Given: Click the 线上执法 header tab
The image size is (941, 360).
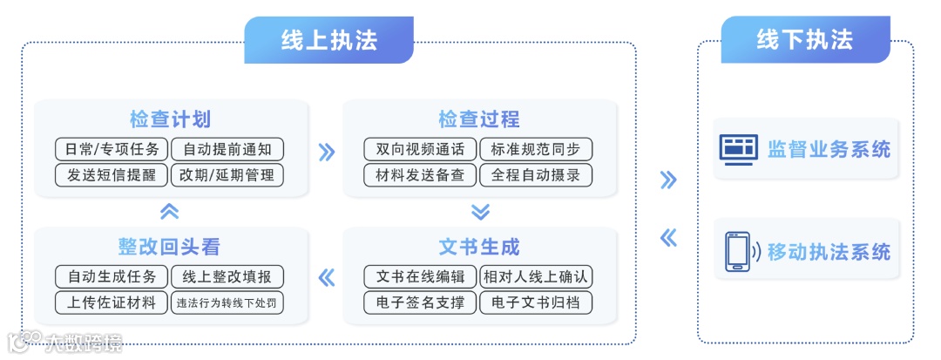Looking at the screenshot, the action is pos(328,40).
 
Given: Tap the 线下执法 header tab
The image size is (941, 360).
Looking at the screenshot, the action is pos(805,40).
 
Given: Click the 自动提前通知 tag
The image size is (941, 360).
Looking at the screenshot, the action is pos(227,149).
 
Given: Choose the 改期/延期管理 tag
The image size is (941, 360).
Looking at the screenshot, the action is pos(227,174).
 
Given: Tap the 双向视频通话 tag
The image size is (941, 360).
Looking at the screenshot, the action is pos(420,149).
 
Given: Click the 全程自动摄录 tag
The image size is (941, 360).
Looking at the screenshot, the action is pos(536,174).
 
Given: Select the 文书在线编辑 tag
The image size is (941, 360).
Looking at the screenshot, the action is pos(420,277).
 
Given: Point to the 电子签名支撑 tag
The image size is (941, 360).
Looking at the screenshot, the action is pos(420,302).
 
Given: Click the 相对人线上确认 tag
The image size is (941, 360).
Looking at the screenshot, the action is pos(536,277).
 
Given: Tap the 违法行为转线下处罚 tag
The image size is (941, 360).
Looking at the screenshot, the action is pos(227,302).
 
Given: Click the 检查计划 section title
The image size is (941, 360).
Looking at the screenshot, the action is pos(170,119).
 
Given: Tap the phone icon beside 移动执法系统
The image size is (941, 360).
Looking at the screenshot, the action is pos(737,251).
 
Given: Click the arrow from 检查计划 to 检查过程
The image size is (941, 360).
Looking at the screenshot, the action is pos(326,153).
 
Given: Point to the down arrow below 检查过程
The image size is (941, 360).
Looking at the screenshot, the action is pos(480,211).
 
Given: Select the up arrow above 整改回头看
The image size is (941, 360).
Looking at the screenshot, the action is pos(170,211).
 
